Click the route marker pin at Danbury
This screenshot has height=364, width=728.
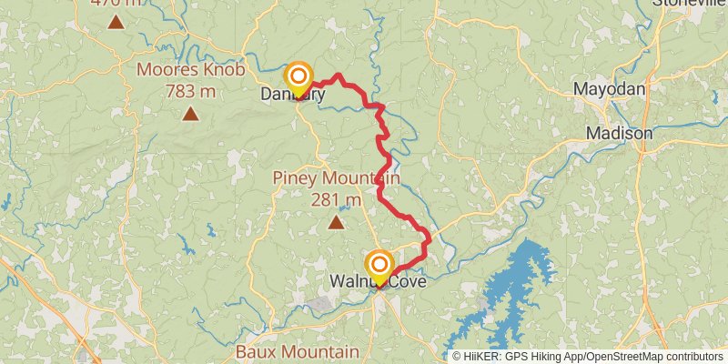[298, 78]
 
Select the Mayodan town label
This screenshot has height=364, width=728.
[609, 89]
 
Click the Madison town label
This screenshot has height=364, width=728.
[619, 133]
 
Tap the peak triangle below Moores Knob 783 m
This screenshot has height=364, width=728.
[190, 114]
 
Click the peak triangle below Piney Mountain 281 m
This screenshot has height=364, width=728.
[336, 221]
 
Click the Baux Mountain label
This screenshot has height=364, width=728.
[297, 351]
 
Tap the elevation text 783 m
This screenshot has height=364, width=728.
[189, 91]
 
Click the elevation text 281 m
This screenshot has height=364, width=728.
[336, 199]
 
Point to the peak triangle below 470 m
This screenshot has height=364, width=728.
[116, 21]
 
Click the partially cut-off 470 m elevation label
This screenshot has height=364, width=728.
[116, 3]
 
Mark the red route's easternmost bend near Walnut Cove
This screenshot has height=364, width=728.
[429, 238]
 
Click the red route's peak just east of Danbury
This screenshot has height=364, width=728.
[339, 76]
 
